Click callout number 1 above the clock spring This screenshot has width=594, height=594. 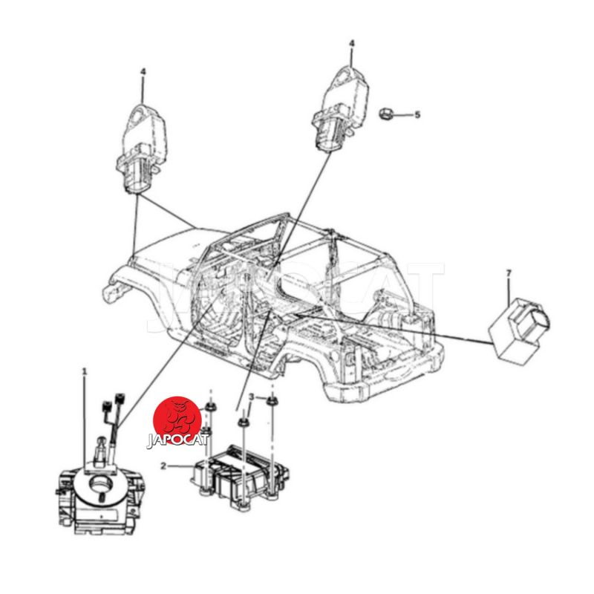(85, 372)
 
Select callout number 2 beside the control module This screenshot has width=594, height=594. (163, 466)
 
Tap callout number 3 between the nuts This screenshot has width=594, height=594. (252, 397)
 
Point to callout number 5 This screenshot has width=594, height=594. (417, 114)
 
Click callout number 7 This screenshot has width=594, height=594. (509, 272)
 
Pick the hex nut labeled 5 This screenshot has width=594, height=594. (386, 114)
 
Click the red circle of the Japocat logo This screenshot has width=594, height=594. (177, 420)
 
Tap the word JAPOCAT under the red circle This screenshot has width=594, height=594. (177, 440)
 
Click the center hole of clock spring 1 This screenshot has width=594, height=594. (100, 484)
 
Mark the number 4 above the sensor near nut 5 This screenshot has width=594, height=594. (352, 44)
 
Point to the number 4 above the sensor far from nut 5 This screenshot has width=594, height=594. (143, 71)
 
